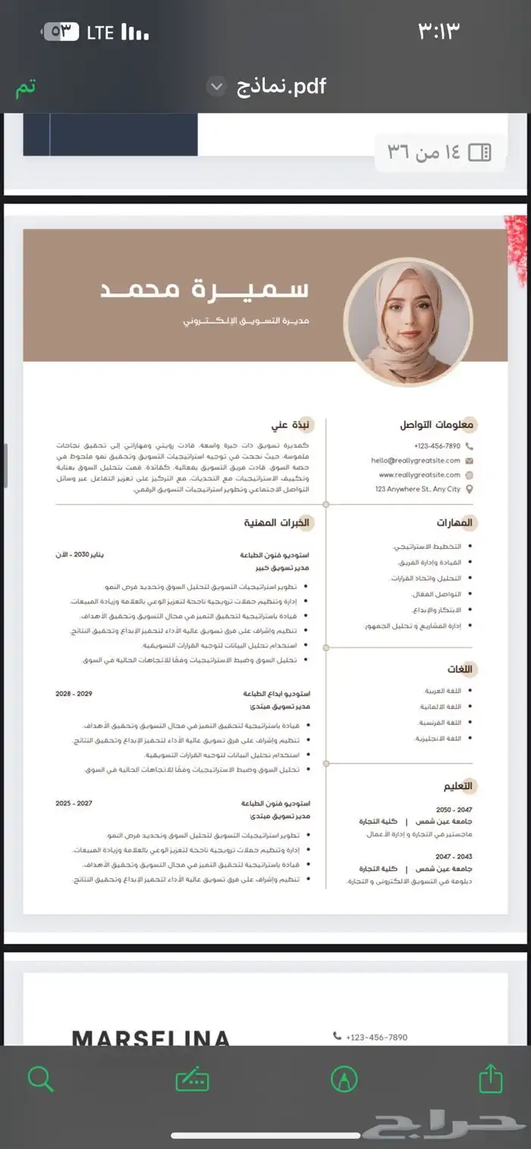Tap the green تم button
tap(26, 87)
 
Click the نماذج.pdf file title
tap(281, 87)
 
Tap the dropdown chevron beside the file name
tap(217, 87)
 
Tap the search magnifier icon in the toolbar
tap(40, 1078)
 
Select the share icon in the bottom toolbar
tap(491, 1078)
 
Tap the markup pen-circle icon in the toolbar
tap(344, 1078)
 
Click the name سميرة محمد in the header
tap(205, 290)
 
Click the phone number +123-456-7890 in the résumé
tap(437, 446)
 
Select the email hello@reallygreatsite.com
tap(416, 461)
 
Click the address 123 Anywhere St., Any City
tap(418, 490)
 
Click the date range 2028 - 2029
tap(74, 694)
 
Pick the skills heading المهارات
tap(454, 523)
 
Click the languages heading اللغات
tap(460, 669)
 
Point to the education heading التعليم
tap(457, 785)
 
